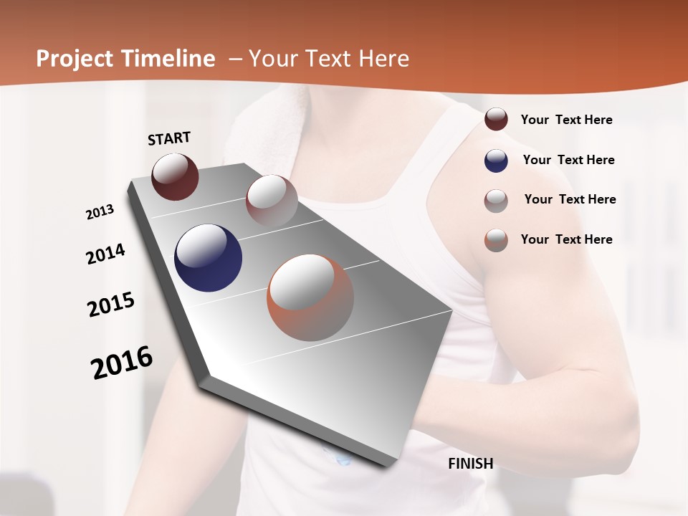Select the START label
(x=169, y=138)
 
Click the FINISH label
(x=470, y=464)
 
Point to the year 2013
(x=100, y=211)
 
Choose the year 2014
(x=105, y=254)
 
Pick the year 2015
(x=110, y=305)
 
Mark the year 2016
(x=122, y=362)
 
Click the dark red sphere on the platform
(x=175, y=176)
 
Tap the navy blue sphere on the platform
(x=208, y=258)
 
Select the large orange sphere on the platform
(x=310, y=297)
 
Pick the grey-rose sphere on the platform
(x=272, y=200)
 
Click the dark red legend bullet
(x=496, y=120)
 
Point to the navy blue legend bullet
(x=496, y=161)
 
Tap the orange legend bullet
(x=496, y=240)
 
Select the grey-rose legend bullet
(x=496, y=201)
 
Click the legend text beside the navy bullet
(x=568, y=160)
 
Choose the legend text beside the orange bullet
(x=566, y=239)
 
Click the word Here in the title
(x=384, y=59)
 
